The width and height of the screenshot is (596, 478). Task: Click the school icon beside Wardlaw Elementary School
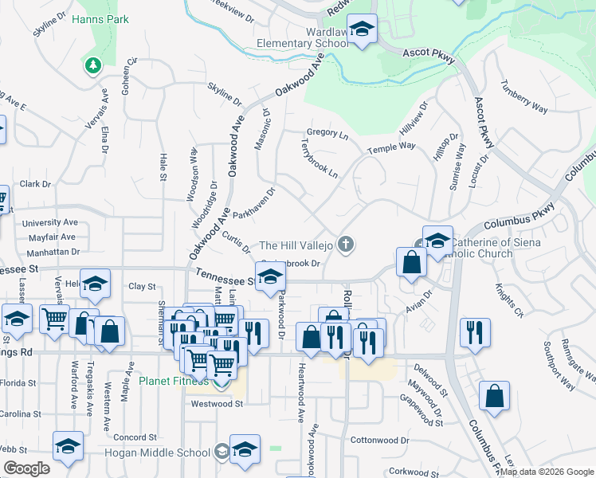click(x=363, y=31)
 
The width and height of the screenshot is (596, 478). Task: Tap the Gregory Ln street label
click(x=327, y=135)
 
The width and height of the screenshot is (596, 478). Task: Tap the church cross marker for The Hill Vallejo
click(x=345, y=244)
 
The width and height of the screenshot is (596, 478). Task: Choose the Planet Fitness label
click(x=174, y=381)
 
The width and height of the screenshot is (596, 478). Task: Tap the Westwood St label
click(x=216, y=404)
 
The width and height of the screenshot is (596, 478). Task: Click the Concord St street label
click(x=134, y=437)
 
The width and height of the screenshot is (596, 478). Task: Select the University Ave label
click(x=50, y=223)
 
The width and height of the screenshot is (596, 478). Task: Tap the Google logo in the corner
click(x=26, y=468)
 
